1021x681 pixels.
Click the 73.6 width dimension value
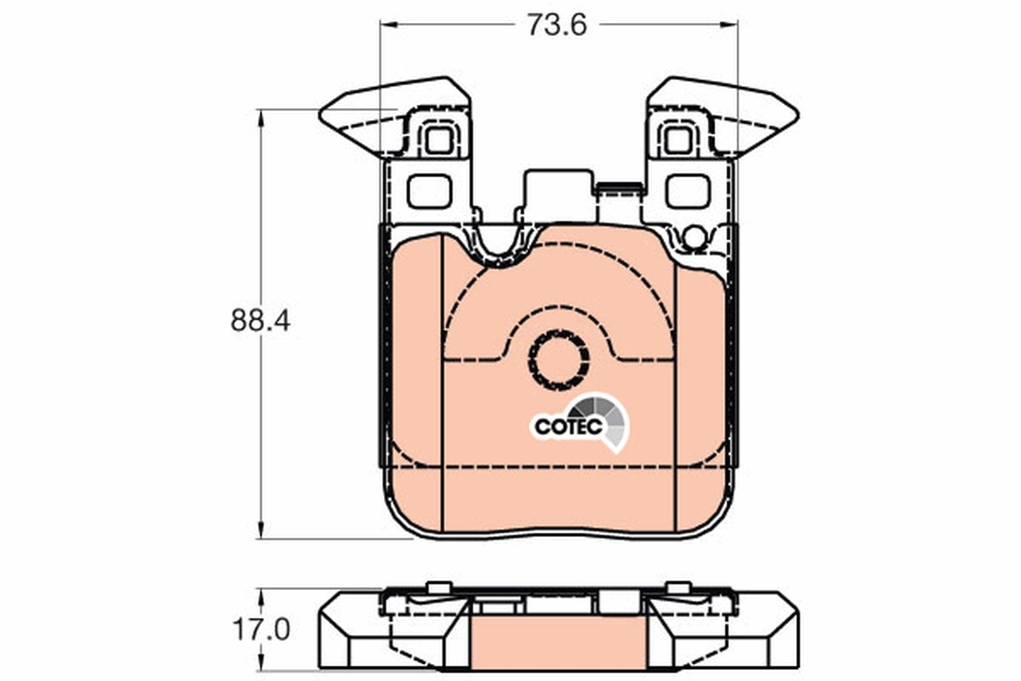[557, 26]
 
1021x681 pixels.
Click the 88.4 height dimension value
[260, 321]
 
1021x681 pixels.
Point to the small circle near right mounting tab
[694, 237]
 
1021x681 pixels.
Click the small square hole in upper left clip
[438, 140]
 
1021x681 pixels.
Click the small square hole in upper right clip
[678, 140]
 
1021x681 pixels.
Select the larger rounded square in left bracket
[428, 191]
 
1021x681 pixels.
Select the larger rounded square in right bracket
[687, 191]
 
